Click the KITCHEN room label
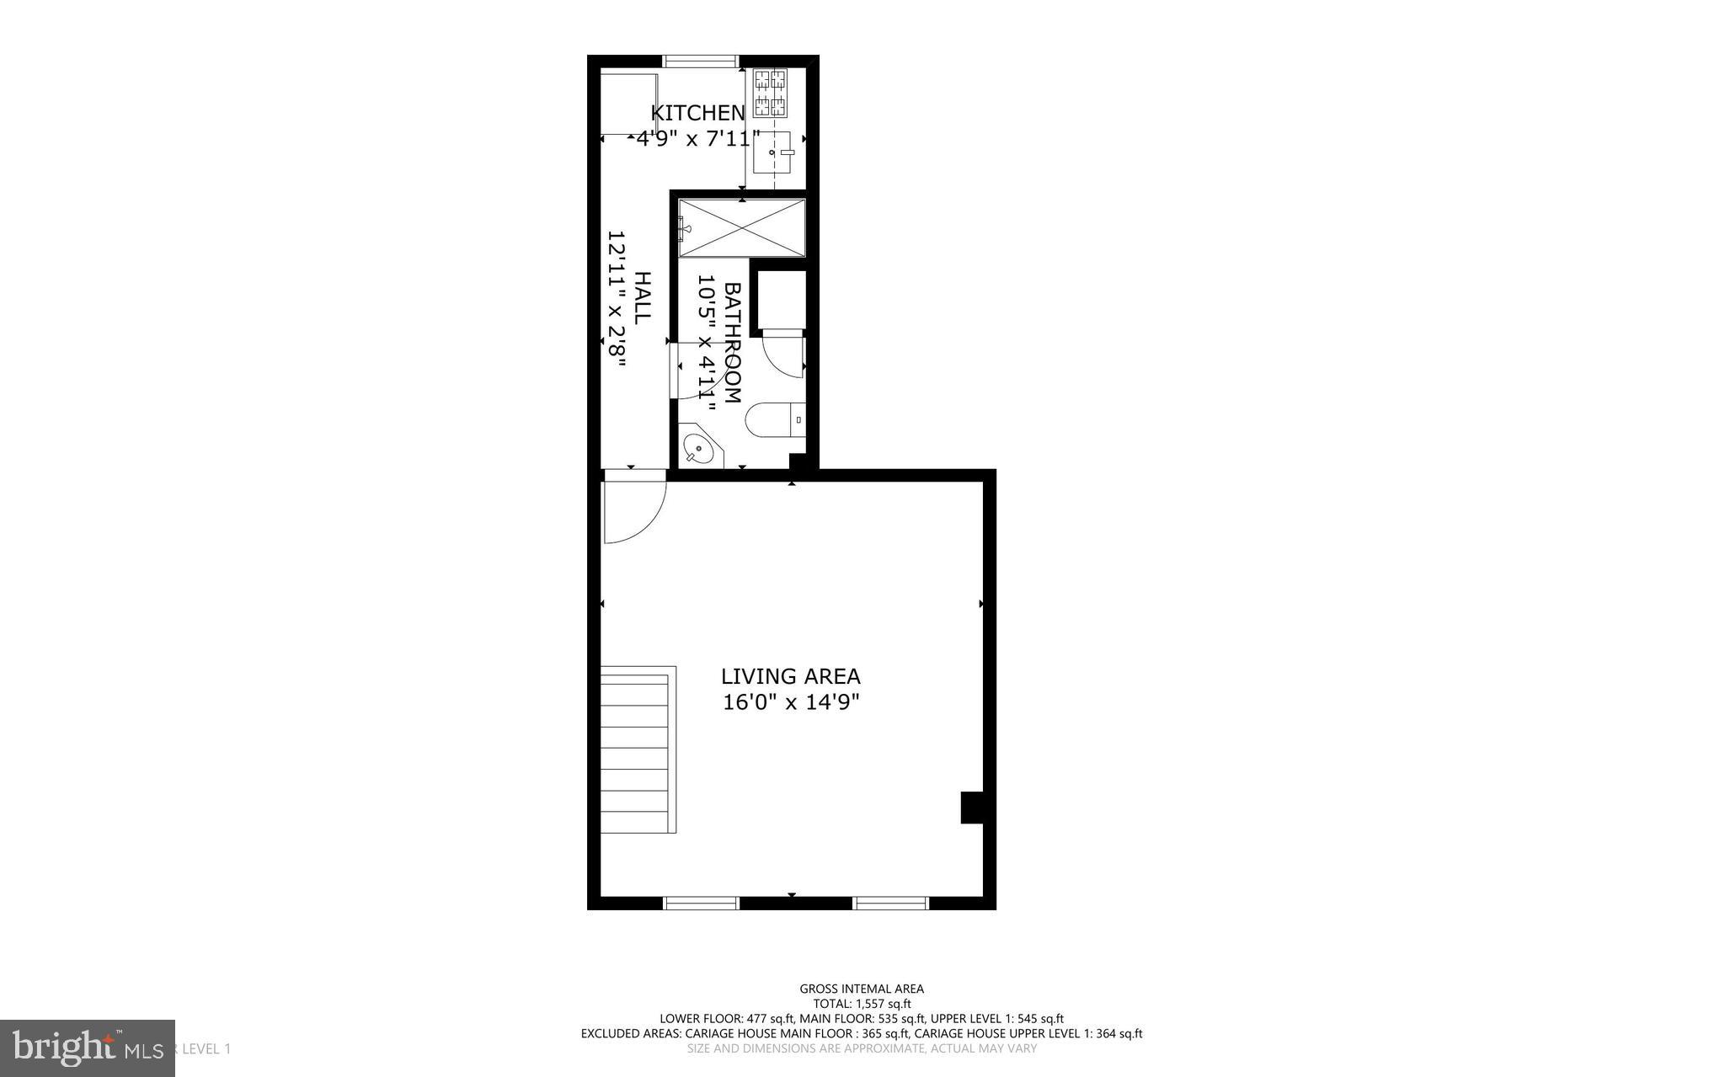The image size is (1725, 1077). pos(698,113)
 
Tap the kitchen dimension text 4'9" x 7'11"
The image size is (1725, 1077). pos(697,139)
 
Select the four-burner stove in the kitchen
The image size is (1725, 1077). pos(770,93)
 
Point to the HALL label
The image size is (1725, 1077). pos(643,298)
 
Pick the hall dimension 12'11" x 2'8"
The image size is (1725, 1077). pos(617,300)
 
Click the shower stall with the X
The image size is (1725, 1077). pos(742,228)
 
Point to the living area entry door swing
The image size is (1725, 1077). pos(632,509)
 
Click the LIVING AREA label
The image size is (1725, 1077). pos(790,676)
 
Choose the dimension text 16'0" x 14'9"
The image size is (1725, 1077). pos(790,702)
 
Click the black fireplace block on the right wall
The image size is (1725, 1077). pos(971,808)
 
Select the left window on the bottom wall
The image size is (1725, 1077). pos(702,904)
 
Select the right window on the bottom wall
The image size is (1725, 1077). pos(890,904)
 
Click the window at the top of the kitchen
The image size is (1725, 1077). pos(702,61)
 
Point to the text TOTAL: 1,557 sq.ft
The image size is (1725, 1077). pos(861,1004)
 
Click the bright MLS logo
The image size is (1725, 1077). pos(87,1048)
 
